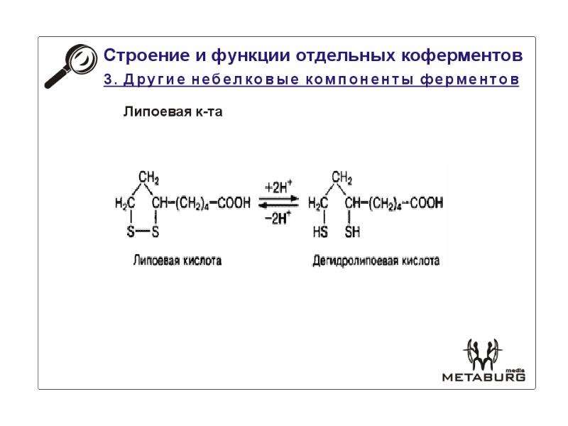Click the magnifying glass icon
click(x=71, y=66)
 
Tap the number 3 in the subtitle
click(x=108, y=80)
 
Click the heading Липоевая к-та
click(x=173, y=111)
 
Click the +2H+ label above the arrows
click(x=278, y=187)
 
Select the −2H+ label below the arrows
click(x=278, y=218)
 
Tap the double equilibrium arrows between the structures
click(x=278, y=202)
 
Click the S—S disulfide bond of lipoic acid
click(x=143, y=231)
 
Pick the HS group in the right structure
click(x=320, y=231)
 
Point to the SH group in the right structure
click(x=352, y=231)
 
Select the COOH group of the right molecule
click(x=427, y=202)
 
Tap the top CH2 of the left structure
click(x=148, y=178)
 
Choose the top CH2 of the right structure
click(x=342, y=178)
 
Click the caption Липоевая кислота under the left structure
click(x=177, y=261)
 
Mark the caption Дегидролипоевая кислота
click(x=376, y=261)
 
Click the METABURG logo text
click(x=484, y=377)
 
